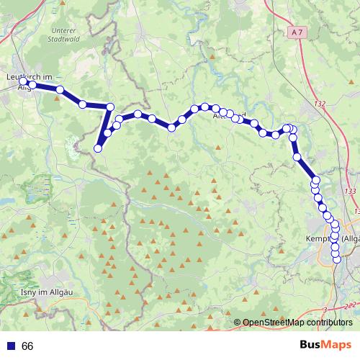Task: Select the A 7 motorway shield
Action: tap(299, 32)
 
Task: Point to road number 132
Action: tap(320, 104)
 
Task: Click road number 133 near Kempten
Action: tap(351, 191)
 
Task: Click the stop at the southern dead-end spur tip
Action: tap(98, 148)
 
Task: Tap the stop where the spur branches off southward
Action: tap(111, 107)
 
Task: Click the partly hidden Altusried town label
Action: tap(233, 115)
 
